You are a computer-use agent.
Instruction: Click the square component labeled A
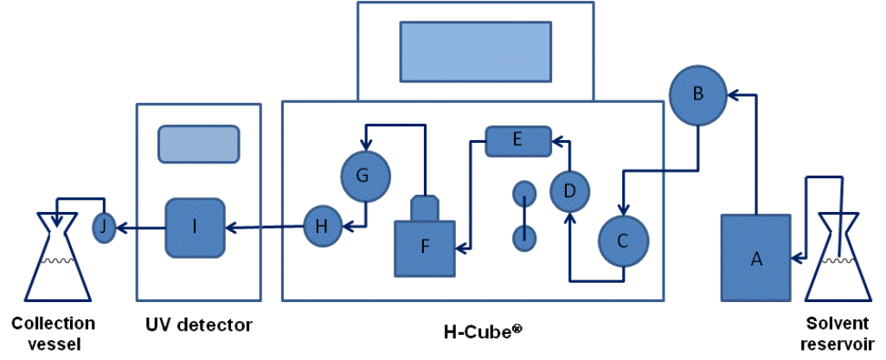(755, 257)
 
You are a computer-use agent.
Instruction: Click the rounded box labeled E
(517, 141)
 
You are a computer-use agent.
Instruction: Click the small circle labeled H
(322, 227)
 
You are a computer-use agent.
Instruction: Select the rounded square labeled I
(196, 228)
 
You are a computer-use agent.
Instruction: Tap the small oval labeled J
(104, 228)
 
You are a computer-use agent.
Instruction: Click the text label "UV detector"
(199, 326)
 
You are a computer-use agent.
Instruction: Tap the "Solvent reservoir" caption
(838, 332)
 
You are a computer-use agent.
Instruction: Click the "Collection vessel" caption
(53, 332)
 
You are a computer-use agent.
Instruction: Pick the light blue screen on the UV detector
(198, 144)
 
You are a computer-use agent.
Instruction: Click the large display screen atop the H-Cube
(475, 51)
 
